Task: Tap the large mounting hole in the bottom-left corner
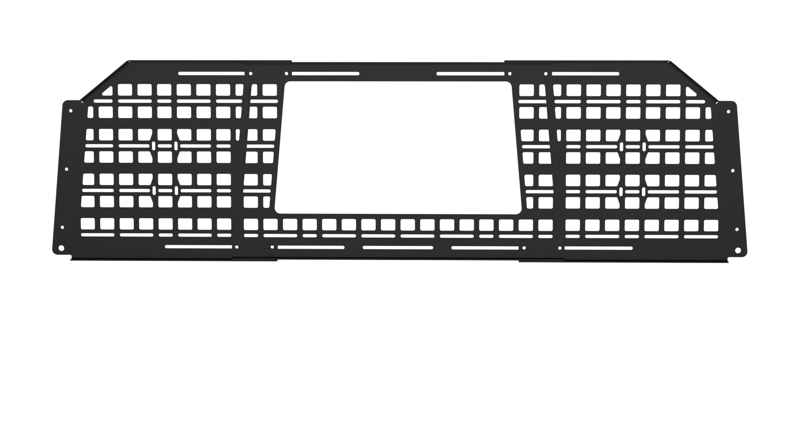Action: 61,248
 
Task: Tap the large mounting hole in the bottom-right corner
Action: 738,250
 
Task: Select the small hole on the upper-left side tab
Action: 71,111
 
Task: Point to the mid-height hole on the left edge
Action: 66,169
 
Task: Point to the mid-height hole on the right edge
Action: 733,170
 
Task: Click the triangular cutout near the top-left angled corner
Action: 107,91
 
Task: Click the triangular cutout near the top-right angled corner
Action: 691,91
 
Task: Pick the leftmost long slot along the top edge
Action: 211,74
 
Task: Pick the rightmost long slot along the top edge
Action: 585,74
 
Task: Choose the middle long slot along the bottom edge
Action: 398,248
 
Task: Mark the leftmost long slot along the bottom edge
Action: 198,247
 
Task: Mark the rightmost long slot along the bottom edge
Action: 598,248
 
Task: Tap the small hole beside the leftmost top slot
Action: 251,74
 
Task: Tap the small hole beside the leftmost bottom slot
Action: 237,247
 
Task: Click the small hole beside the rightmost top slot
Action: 546,74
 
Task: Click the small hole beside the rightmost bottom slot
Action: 560,248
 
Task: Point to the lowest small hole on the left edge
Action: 62,227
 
